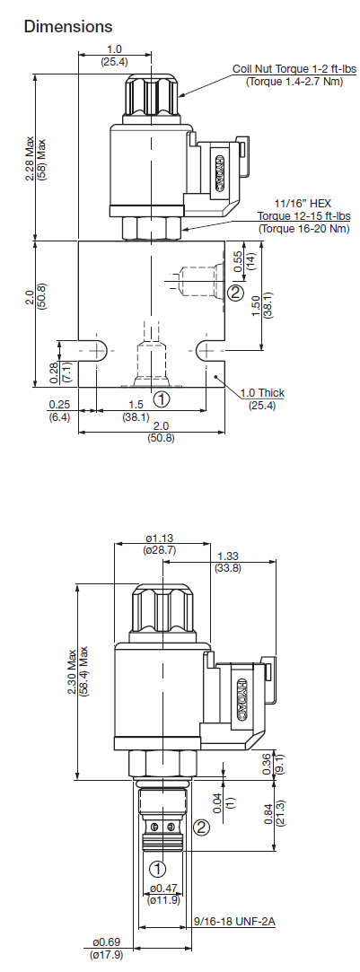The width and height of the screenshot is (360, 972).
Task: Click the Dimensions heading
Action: tap(68, 27)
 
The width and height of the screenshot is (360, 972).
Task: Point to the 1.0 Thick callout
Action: tap(263, 393)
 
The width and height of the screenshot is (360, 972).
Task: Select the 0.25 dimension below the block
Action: tap(59, 405)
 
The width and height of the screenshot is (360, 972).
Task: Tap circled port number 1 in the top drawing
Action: tap(161, 399)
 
